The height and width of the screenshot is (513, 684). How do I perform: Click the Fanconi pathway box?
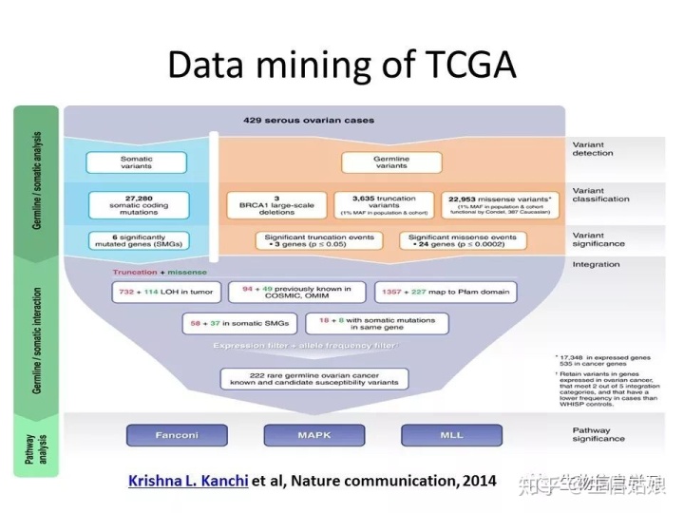click(177, 436)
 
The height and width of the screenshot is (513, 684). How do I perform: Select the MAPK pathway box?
click(313, 436)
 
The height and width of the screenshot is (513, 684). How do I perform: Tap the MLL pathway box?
click(450, 436)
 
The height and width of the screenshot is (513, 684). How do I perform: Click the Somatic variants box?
click(136, 162)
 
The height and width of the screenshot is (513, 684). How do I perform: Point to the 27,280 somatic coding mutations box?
click(136, 204)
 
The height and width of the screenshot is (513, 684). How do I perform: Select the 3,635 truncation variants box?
click(385, 204)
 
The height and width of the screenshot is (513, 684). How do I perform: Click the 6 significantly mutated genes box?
click(136, 241)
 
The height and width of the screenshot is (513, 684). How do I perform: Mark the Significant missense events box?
click(465, 241)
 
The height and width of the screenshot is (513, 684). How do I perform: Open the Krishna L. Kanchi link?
click(188, 481)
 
